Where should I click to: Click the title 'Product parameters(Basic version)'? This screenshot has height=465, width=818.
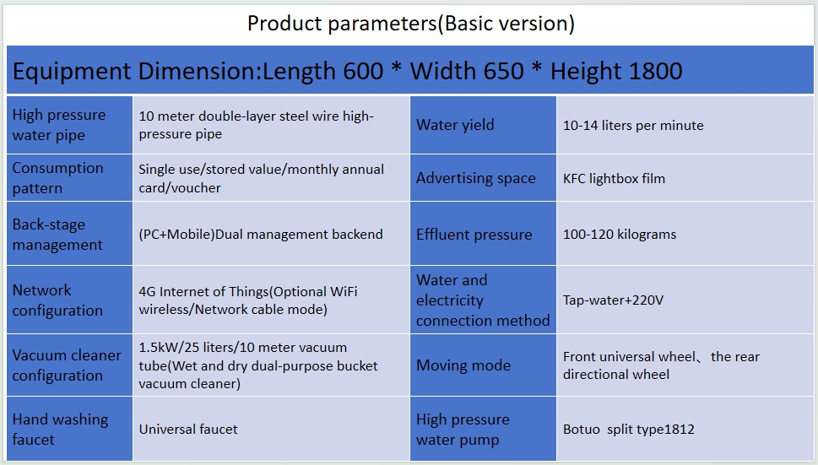(x=410, y=24)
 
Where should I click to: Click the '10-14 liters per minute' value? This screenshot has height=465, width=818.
(x=633, y=125)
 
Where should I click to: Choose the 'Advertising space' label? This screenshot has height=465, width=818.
(x=476, y=178)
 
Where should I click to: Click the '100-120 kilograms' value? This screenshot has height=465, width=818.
(x=620, y=234)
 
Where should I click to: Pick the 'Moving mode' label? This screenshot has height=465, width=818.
(x=463, y=365)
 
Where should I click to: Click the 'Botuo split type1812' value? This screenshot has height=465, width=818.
(x=629, y=429)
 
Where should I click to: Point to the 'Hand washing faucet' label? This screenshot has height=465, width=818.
(x=60, y=429)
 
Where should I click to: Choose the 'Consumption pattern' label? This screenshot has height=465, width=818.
(x=57, y=178)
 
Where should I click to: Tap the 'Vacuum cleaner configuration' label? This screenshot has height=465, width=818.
(x=67, y=365)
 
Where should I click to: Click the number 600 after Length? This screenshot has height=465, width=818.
(x=363, y=71)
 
